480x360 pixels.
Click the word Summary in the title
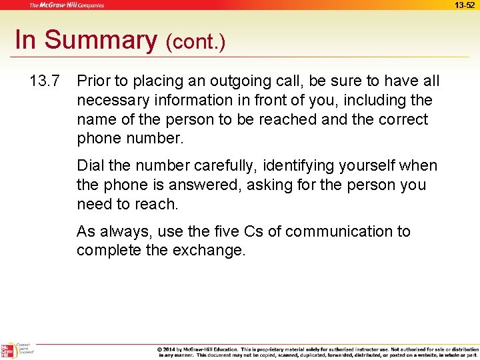pyautogui.click(x=101, y=40)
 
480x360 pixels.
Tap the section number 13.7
pyautogui.click(x=45, y=81)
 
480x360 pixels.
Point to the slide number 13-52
pyautogui.click(x=465, y=5)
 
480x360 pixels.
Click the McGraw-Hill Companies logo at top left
pyautogui.click(x=66, y=5)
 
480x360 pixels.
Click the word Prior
pyautogui.click(x=92, y=81)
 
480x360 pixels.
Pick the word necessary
pyautogui.click(x=109, y=101)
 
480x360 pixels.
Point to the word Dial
pyautogui.click(x=90, y=165)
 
